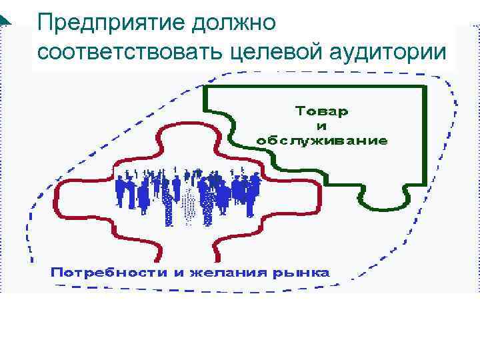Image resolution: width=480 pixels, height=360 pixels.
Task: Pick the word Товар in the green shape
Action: click(x=322, y=111)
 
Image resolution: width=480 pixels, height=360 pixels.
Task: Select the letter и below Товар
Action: click(x=322, y=125)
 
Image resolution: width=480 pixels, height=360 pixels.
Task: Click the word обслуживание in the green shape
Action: click(x=322, y=140)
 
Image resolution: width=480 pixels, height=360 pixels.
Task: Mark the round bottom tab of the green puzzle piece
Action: click(x=383, y=200)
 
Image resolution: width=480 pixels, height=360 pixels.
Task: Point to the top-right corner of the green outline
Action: click(x=426, y=87)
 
